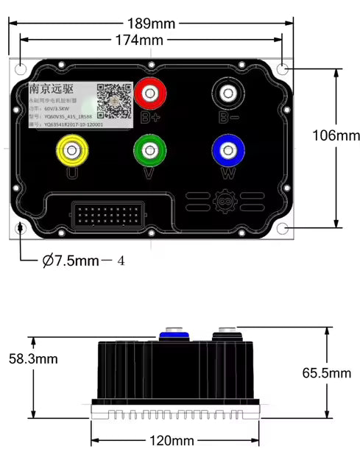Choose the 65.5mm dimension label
click(x=327, y=373)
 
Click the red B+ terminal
click(x=151, y=93)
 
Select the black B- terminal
click(x=225, y=93)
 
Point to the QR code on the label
click(x=114, y=100)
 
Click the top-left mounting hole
click(x=21, y=70)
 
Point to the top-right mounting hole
click(x=283, y=70)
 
